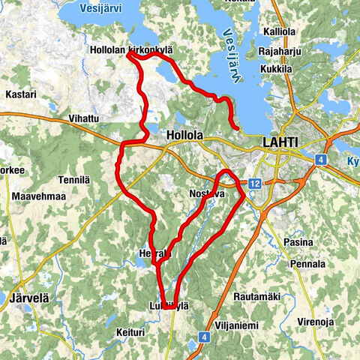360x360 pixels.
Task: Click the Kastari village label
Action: point(20,95)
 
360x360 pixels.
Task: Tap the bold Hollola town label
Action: point(182,136)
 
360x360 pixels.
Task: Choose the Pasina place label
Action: point(299,243)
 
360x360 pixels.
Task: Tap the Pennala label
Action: point(308,264)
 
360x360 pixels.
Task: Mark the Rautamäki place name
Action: point(257,297)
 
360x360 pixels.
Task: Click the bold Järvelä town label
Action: point(29,298)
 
